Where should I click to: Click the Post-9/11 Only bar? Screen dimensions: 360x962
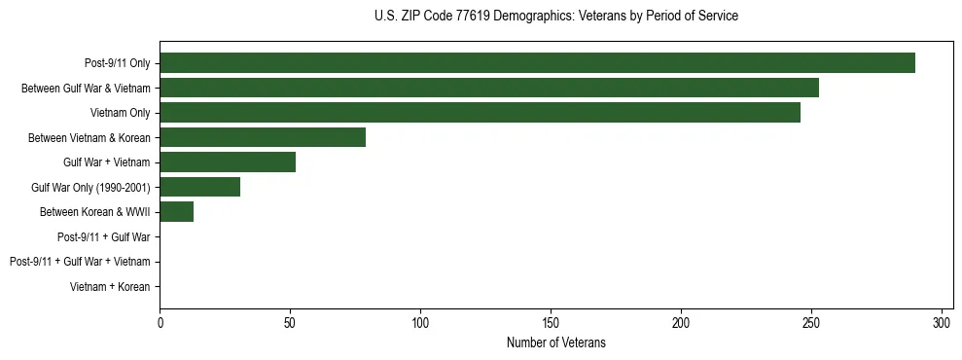[x=537, y=63]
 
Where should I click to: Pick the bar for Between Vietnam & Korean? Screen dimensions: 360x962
[x=263, y=137]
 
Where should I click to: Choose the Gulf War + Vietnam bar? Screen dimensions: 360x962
[x=228, y=162]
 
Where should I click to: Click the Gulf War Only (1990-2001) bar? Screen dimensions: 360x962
[x=199, y=187]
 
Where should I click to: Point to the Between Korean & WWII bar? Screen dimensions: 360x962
[x=176, y=212]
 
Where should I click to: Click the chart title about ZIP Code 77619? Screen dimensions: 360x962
[x=555, y=17]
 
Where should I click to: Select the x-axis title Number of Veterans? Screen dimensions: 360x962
[x=555, y=342]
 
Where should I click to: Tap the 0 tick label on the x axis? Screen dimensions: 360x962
[x=160, y=323]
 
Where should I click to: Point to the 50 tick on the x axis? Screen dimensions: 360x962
[x=290, y=323]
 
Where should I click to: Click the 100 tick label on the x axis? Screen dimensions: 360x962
[x=420, y=323]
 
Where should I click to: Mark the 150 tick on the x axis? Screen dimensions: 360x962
[x=551, y=323]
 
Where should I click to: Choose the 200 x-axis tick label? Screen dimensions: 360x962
[x=681, y=323]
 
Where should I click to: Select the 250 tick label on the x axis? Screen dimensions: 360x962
[x=811, y=323]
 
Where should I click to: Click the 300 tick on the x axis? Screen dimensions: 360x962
[x=942, y=323]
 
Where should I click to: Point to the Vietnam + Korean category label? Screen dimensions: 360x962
[x=110, y=287]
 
